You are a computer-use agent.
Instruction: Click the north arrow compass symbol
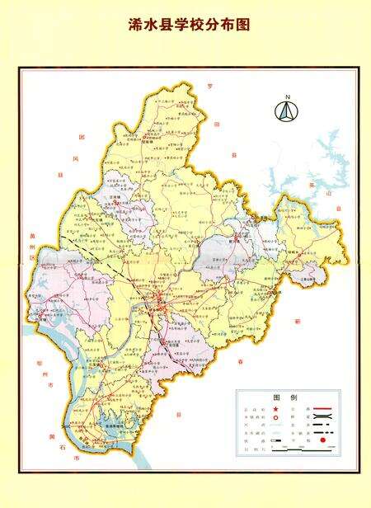(x=287, y=113)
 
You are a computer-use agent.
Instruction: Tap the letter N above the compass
(x=287, y=98)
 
